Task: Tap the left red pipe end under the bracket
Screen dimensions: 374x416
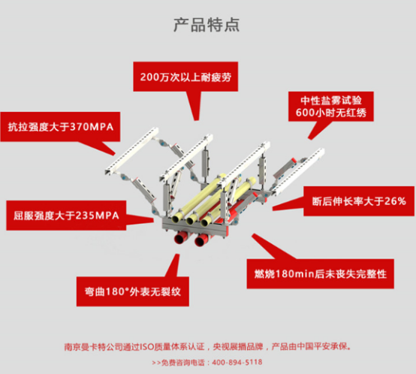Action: coord(180,239)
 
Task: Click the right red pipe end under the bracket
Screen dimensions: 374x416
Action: coord(201,242)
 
